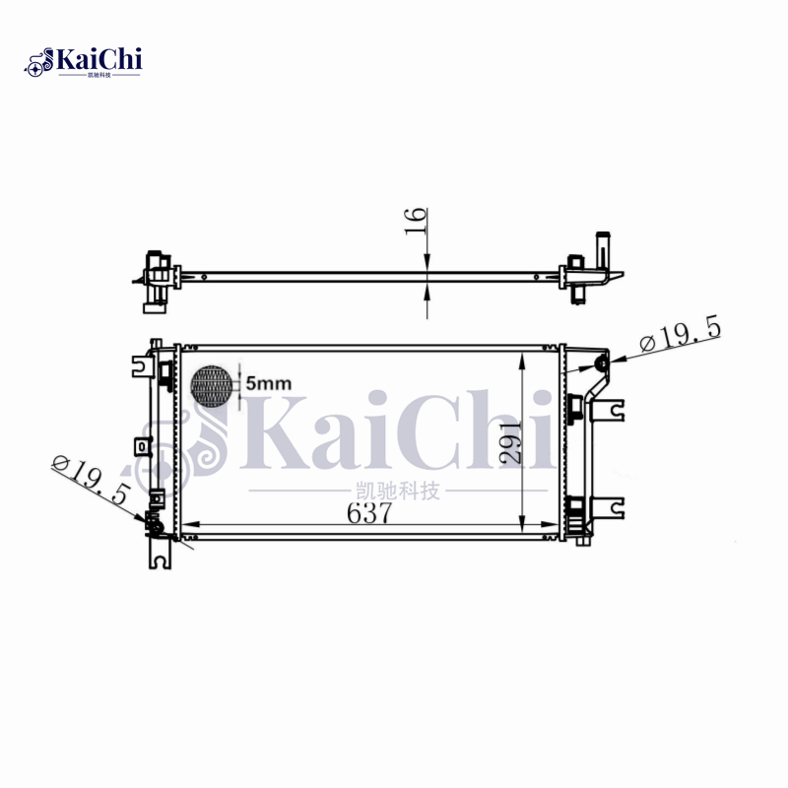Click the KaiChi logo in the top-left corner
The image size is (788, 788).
(x=84, y=61)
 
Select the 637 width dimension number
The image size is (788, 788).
(x=369, y=513)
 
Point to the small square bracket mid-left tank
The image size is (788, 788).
(x=144, y=446)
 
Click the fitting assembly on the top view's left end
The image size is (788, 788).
(x=156, y=281)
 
